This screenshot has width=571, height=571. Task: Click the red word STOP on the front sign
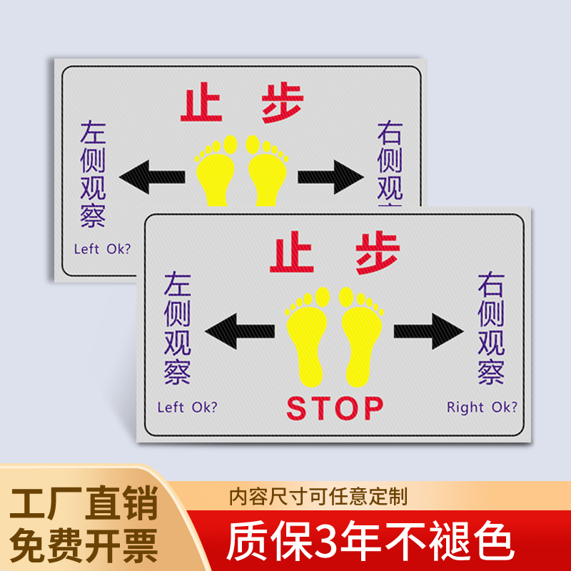(x=335, y=408)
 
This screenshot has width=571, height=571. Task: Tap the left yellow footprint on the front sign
(x=305, y=338)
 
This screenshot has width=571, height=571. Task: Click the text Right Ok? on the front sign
(x=482, y=408)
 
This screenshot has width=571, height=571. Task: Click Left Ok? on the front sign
(x=187, y=408)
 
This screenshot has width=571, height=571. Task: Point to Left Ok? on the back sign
(x=102, y=249)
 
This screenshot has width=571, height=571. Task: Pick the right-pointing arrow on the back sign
(x=333, y=176)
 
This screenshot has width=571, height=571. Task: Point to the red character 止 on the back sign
(x=203, y=105)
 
